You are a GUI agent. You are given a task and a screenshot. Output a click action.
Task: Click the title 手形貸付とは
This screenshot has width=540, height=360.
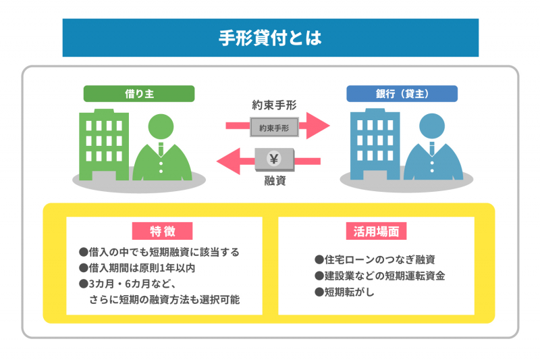[270, 38]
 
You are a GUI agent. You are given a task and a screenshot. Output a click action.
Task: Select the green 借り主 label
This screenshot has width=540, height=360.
[139, 94]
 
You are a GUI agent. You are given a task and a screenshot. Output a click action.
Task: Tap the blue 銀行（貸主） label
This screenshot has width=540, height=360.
[402, 94]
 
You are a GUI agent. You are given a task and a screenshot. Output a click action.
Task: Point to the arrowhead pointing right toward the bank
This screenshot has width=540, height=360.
[319, 126]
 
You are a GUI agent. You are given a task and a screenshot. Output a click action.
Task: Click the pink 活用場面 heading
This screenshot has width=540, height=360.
[376, 232]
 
